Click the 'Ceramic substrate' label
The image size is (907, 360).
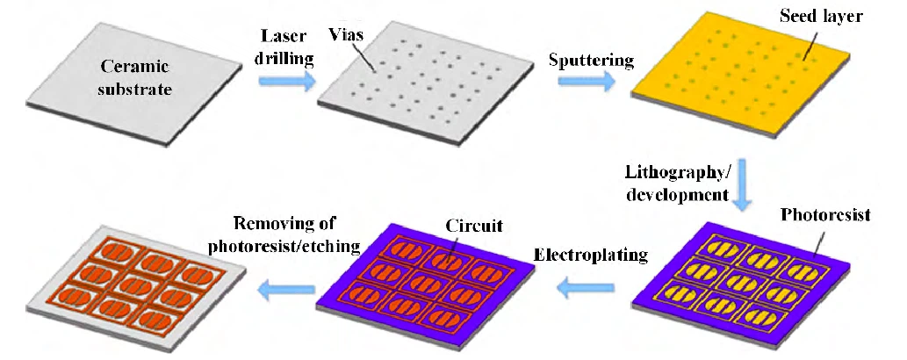[135, 77]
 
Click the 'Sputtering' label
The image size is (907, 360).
[591, 61]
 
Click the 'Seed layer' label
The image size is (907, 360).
[820, 16]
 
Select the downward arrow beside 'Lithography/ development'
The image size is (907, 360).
[742, 184]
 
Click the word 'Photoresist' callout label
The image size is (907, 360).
[825, 215]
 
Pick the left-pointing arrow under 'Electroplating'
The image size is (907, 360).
[587, 288]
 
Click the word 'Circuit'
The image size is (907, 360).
[474, 225]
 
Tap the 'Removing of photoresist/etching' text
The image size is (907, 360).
[284, 234]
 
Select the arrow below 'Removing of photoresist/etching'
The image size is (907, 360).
[287, 288]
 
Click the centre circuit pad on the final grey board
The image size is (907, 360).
[136, 284]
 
